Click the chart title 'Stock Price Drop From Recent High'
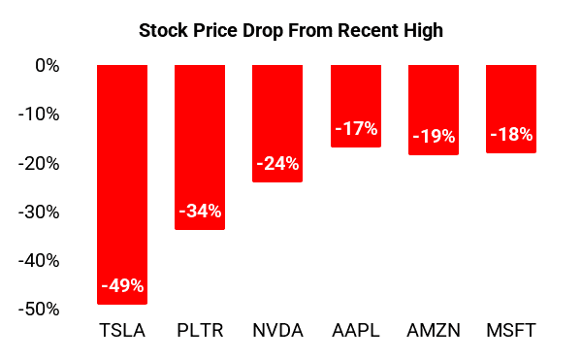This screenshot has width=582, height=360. [291, 31]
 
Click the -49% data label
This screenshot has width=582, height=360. [122, 285]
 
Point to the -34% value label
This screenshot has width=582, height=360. [200, 211]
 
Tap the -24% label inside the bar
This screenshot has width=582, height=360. [277, 164]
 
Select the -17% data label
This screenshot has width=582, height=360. [356, 129]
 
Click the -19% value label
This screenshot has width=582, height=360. [434, 137]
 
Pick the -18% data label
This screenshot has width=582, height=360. [511, 135]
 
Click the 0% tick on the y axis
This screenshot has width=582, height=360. [48, 66]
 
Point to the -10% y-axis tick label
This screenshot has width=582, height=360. [40, 115]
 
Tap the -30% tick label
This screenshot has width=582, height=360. [40, 212]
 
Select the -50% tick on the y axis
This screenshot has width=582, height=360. [40, 309]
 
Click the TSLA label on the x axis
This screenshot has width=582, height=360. [122, 331]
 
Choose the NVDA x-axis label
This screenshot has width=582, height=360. [277, 331]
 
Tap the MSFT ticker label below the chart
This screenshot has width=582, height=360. [511, 331]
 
